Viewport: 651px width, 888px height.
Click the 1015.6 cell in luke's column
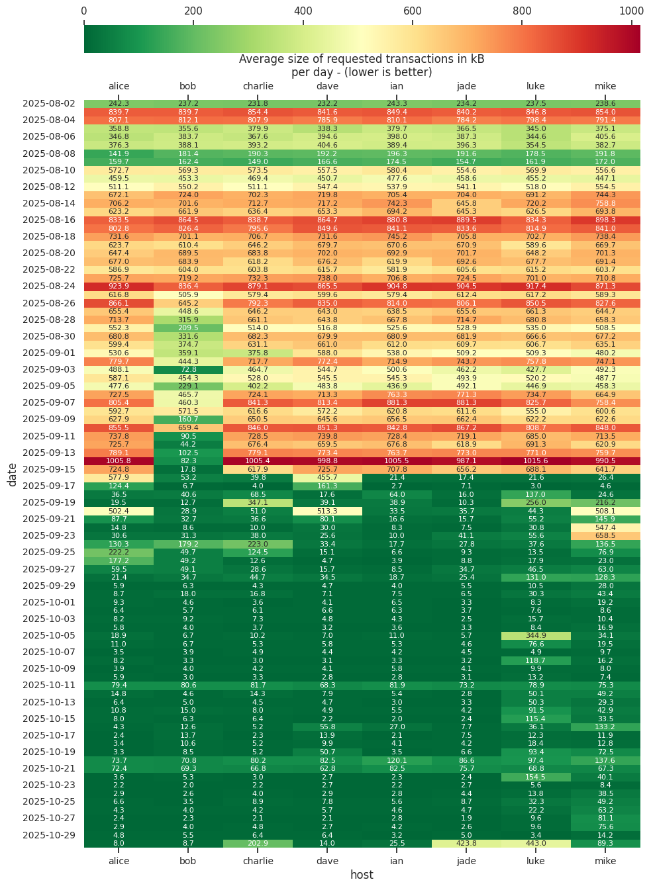[536, 461]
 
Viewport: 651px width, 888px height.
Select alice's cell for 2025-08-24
[119, 287]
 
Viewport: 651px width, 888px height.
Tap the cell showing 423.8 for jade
[466, 844]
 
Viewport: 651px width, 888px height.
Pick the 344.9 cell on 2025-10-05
[536, 636]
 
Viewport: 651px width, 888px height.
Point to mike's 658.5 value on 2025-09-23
[605, 536]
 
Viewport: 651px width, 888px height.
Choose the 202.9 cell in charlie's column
[258, 844]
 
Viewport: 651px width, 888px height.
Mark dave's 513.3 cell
[327, 511]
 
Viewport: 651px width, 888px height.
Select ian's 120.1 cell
[397, 760]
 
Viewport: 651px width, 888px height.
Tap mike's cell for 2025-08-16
[605, 220]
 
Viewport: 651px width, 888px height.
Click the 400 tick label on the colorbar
[303, 11]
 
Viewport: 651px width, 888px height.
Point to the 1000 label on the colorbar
[631, 11]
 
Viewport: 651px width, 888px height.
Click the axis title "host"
[362, 875]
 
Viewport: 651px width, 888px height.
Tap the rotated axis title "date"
[13, 474]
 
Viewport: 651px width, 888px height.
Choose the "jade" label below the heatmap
[466, 861]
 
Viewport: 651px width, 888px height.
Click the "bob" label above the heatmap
[188, 86]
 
